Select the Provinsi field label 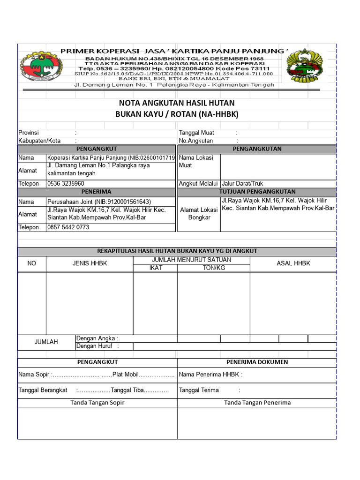click(x=29, y=133)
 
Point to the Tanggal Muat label click(x=196, y=133)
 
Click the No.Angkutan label click(x=196, y=141)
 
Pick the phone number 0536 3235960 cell click(x=66, y=184)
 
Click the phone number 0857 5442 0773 click(x=68, y=227)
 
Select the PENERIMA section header click(x=96, y=192)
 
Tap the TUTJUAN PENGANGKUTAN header click(x=257, y=192)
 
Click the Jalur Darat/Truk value click(x=242, y=184)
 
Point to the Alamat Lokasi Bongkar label click(x=199, y=214)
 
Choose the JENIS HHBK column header click(x=90, y=263)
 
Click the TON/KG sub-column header click(x=213, y=268)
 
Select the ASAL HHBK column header click(x=293, y=263)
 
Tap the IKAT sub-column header click(x=155, y=268)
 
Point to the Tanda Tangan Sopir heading click(x=97, y=403)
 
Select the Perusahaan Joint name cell click(x=99, y=202)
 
